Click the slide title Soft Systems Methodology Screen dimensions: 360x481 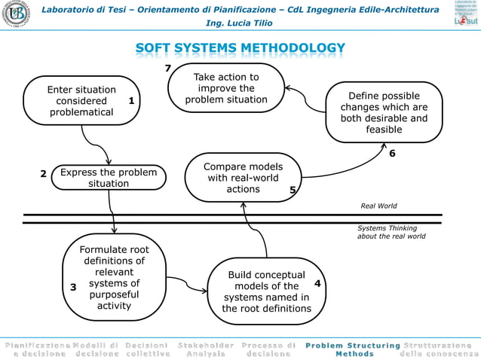[240, 50]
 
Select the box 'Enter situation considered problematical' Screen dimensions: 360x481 [81, 101]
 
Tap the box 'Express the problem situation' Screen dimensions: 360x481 [109, 178]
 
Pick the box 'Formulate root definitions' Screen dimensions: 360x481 [114, 277]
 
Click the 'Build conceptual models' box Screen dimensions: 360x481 [266, 291]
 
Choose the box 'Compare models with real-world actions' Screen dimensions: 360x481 [243, 178]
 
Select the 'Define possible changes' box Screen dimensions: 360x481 [384, 113]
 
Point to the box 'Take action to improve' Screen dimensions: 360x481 [226, 89]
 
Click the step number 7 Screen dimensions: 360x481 [168, 69]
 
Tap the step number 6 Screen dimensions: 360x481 [392, 154]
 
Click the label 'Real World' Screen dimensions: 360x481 [378, 205]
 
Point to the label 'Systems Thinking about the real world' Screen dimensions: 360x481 [391, 232]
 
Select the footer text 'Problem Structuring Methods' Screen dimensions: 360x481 [354, 349]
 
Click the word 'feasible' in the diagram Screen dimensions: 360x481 [384, 130]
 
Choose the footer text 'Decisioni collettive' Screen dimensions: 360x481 [147, 349]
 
